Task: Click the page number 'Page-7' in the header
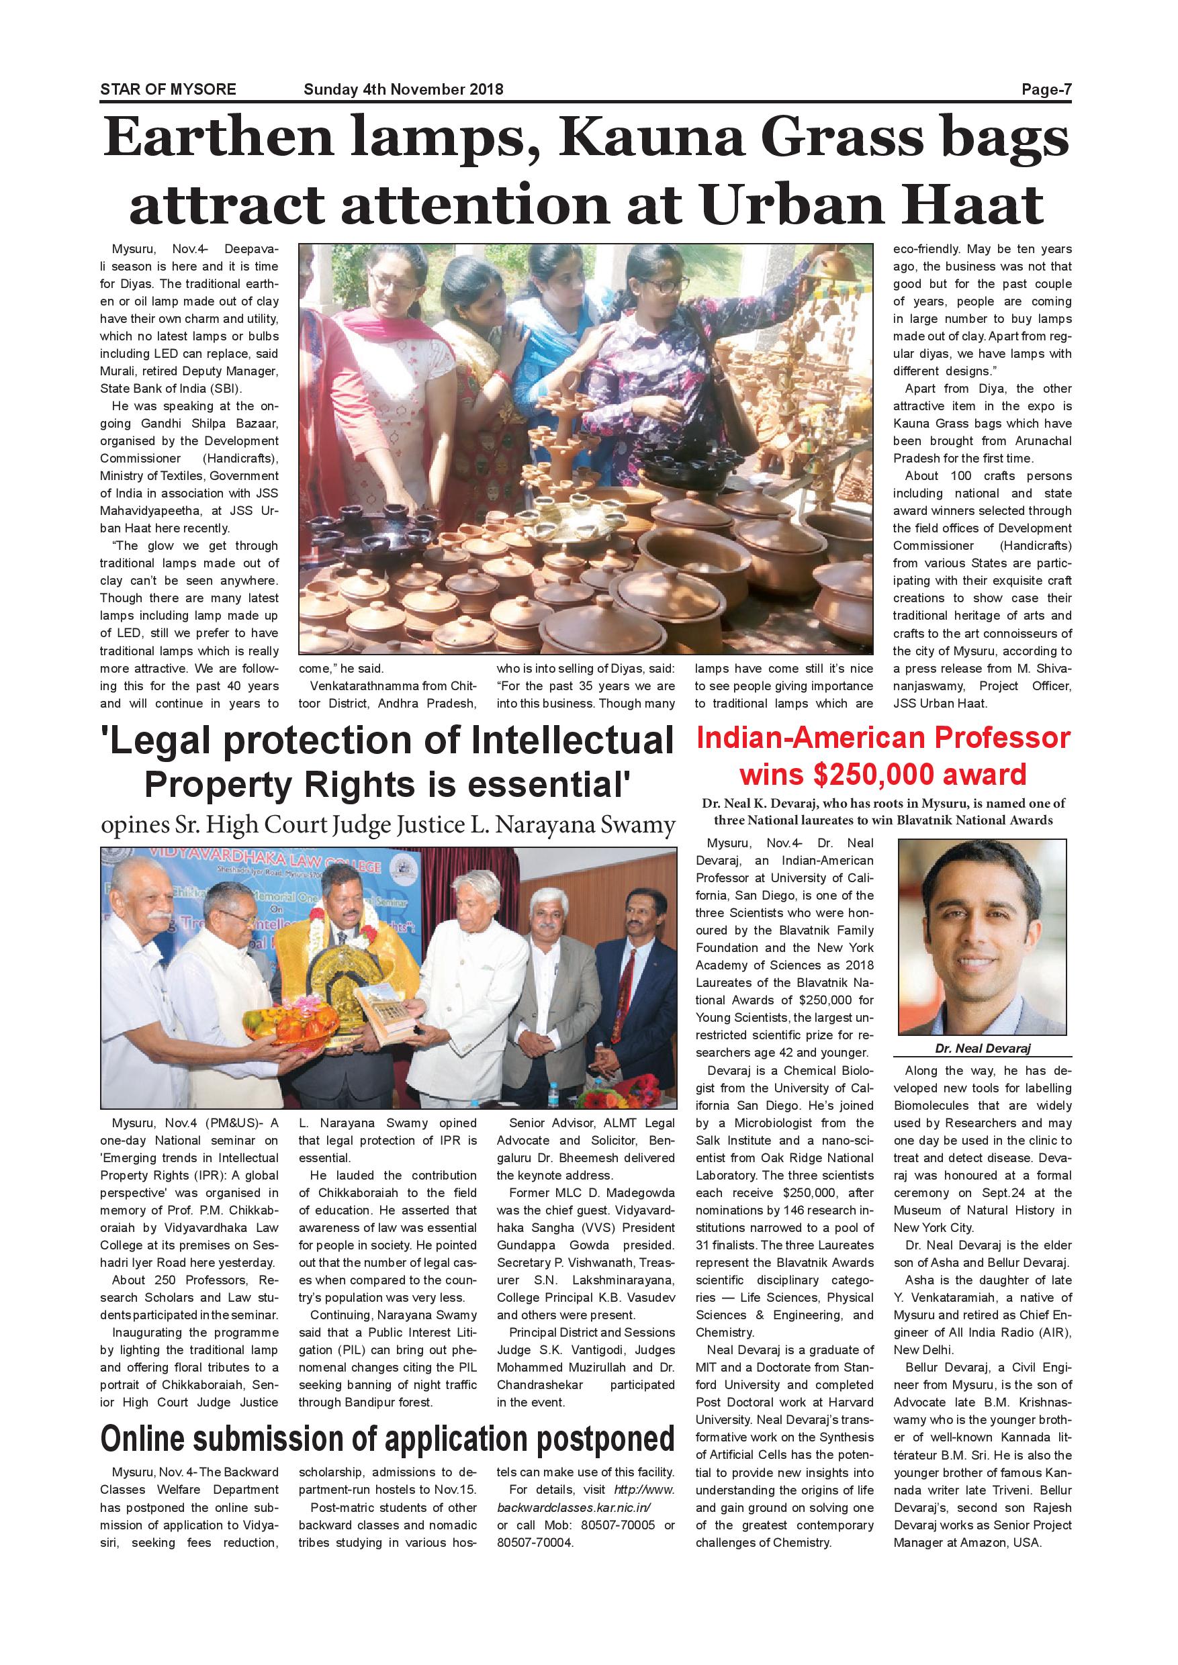[x=1046, y=90]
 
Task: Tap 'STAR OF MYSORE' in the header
[x=169, y=90]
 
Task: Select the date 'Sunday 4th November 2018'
[x=404, y=90]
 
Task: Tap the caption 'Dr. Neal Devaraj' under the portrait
[x=982, y=1049]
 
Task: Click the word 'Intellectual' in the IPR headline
[x=573, y=741]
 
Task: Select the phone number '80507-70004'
[x=535, y=1541]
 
